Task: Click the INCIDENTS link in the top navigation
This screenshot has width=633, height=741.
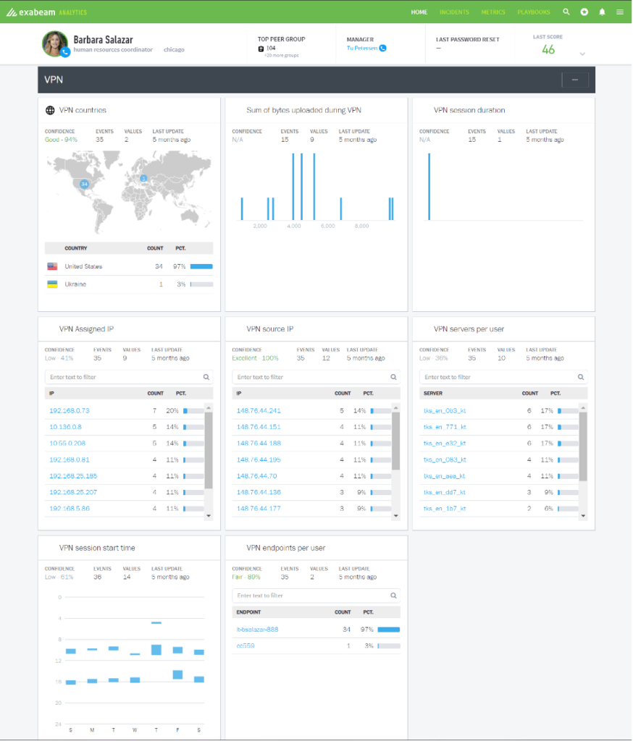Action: pos(454,12)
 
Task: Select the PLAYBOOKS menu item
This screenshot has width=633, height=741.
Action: pos(534,12)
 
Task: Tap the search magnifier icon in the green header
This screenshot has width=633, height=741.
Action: pos(566,12)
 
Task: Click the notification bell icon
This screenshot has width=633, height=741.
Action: pos(602,12)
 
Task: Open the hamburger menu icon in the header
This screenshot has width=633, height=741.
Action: pos(620,12)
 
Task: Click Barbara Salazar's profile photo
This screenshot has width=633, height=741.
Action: pos(54,43)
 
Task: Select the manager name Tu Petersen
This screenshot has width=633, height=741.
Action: pos(361,48)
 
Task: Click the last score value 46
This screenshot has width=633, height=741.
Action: pos(548,49)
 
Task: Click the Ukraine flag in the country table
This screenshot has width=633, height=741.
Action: pos(52,284)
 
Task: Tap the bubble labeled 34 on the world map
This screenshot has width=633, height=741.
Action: pos(84,185)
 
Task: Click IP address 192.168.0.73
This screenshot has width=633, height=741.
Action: pos(70,410)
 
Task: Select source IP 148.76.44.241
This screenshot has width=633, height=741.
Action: pos(259,410)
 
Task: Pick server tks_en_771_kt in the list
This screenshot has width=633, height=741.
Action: pos(445,427)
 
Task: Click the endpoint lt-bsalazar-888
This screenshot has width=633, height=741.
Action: pos(257,630)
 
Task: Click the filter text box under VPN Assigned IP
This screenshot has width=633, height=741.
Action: pos(123,377)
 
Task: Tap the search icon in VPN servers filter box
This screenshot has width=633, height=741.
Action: pos(581,377)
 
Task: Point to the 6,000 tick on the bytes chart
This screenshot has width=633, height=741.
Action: pos(327,226)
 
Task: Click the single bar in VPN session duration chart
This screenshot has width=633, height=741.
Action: pos(429,186)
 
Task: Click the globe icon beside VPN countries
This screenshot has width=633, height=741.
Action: pos(50,111)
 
